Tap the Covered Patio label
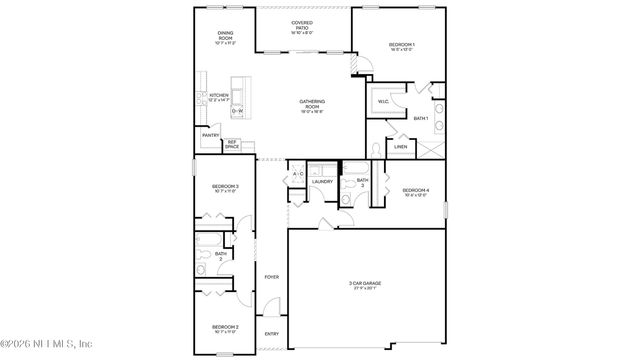[x=301, y=23]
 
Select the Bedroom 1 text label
[x=402, y=45]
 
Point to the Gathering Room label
[x=312, y=103]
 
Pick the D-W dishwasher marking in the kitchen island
[x=239, y=110]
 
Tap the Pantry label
[x=210, y=135]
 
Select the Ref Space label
[x=232, y=145]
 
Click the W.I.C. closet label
[x=383, y=100]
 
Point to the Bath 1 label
[x=420, y=119]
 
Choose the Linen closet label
[x=400, y=147]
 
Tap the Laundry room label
[x=322, y=181]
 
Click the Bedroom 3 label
[x=224, y=187]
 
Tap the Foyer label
[x=271, y=277]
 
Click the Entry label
[x=271, y=334]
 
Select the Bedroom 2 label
[x=224, y=327]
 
